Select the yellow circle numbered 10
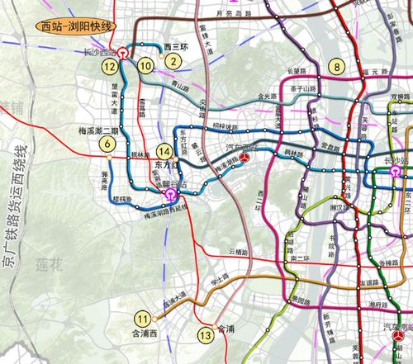click(145, 65)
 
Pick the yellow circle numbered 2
click(172, 60)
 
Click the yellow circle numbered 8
click(336, 66)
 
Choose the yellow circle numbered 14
click(167, 151)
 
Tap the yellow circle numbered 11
click(145, 319)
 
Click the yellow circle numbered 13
click(206, 335)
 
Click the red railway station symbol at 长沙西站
click(123, 51)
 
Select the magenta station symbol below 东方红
click(170, 196)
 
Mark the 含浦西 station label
click(143, 333)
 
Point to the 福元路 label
click(377, 74)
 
